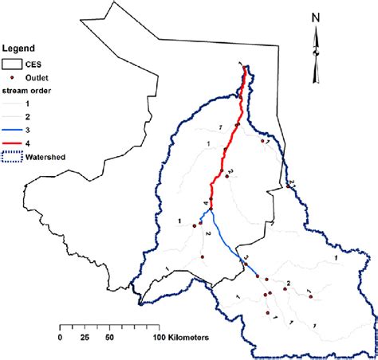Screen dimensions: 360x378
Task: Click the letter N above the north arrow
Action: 316,17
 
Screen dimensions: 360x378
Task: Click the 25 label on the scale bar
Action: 85,338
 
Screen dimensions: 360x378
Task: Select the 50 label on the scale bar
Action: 110,338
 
